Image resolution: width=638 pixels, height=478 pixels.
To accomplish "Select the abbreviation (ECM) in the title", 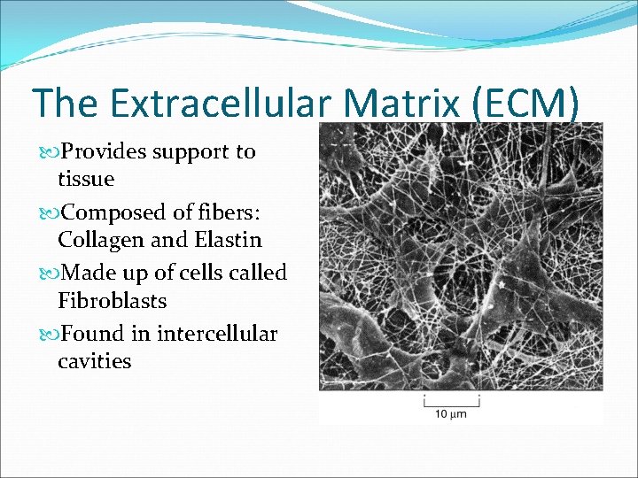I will click(529, 103).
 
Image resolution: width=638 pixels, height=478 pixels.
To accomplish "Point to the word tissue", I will click(86, 179).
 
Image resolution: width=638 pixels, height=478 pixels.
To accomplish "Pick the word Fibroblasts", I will click(112, 301).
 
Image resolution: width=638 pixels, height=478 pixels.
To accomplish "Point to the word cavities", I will click(94, 361).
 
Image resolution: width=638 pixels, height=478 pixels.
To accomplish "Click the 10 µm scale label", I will click(450, 413).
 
